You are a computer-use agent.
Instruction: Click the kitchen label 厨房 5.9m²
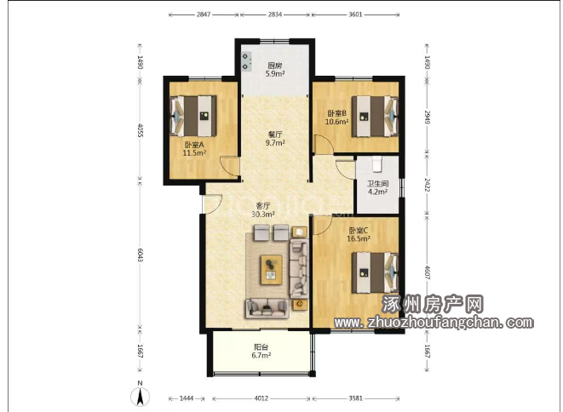(x=275, y=70)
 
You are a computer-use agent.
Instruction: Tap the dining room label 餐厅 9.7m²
(x=275, y=139)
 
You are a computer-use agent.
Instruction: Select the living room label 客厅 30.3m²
(x=263, y=210)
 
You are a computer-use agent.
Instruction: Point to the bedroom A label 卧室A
(x=194, y=145)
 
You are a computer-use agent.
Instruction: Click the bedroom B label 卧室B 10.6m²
(x=336, y=117)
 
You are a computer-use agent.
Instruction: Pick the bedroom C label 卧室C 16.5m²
(x=359, y=234)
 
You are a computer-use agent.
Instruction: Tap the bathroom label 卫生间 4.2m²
(x=377, y=187)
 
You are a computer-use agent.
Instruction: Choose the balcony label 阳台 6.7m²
(x=261, y=352)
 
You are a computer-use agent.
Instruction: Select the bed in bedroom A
(x=193, y=116)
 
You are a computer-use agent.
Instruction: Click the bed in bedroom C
(x=375, y=272)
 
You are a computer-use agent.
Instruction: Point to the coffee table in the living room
(x=272, y=270)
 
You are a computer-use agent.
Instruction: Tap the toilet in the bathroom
(x=377, y=163)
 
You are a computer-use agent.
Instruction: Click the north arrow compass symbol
(x=140, y=396)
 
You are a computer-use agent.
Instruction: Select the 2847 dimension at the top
(x=204, y=14)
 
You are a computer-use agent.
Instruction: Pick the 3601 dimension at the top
(x=355, y=14)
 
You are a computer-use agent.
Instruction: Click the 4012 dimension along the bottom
(x=261, y=398)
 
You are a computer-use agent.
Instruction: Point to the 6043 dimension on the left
(x=140, y=254)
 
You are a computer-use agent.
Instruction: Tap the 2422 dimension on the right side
(x=427, y=185)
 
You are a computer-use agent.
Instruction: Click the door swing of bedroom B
(x=323, y=144)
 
